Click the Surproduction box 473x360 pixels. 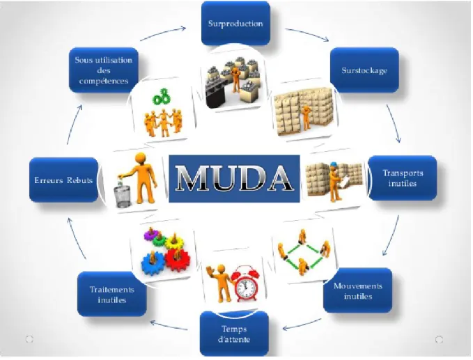tap(235, 23)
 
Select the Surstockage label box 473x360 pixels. tap(364, 70)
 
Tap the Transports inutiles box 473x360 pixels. tap(403, 178)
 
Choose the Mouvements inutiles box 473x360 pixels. tap(358, 290)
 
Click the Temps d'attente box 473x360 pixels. tap(234, 334)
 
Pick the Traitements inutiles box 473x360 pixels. tap(112, 295)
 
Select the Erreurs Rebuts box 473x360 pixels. tap(63, 180)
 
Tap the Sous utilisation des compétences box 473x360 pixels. tap(104, 70)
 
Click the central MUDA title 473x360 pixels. tap(234, 178)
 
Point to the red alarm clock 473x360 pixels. tap(247, 283)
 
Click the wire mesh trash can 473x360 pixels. tap(123, 196)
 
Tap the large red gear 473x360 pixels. tap(178, 259)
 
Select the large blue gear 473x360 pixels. tap(153, 264)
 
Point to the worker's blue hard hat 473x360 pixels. tap(334, 165)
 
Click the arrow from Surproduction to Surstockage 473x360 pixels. tap(308, 33)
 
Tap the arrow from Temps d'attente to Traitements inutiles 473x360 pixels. tap(169, 326)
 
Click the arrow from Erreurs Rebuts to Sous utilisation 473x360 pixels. tap(74, 124)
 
